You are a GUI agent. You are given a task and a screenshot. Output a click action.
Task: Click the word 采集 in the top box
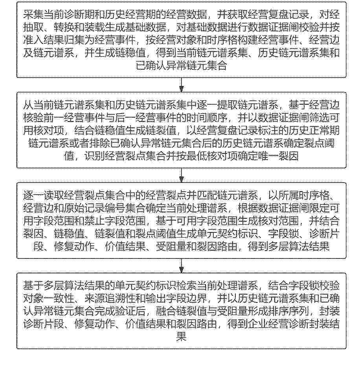pyautogui.click(x=33, y=15)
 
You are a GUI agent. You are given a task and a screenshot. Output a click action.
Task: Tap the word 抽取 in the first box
pyautogui.click(x=33, y=28)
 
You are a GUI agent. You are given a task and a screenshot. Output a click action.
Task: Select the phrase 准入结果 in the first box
pyautogui.click(x=44, y=40)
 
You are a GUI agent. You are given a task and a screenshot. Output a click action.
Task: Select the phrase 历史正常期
pyautogui.click(x=314, y=131)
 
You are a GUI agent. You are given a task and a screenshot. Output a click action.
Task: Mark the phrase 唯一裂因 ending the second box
pyautogui.click(x=278, y=156)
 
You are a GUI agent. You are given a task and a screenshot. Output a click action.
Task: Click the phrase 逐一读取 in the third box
pyautogui.click(x=44, y=195)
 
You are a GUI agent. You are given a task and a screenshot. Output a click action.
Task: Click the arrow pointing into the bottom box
pyautogui.click(x=182, y=266)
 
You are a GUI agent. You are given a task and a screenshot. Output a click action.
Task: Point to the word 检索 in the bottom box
pyautogui.click(x=186, y=286)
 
